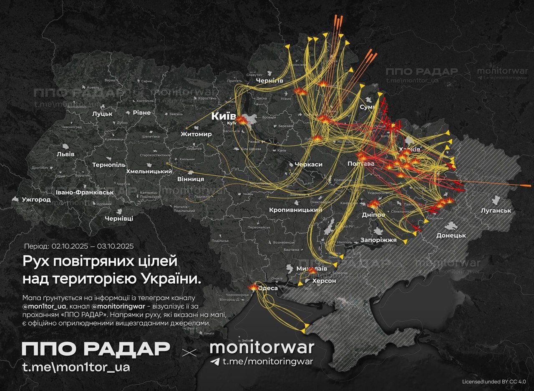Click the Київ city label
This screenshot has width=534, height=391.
[224, 116]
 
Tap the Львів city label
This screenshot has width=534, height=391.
[65, 154]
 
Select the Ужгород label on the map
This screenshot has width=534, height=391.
[36, 199]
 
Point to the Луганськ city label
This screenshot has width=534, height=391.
[496, 211]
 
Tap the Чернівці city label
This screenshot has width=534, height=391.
[119, 219]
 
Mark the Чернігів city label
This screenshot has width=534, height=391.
[270, 80]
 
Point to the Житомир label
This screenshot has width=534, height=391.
[196, 134]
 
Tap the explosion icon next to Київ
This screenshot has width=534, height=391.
[242, 120]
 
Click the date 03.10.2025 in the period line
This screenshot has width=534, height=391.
[115, 246]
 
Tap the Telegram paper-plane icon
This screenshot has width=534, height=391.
[215, 361]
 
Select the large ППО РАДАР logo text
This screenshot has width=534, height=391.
[96, 349]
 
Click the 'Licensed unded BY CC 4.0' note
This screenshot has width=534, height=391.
[494, 381]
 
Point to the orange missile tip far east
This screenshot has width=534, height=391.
[527, 185]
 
